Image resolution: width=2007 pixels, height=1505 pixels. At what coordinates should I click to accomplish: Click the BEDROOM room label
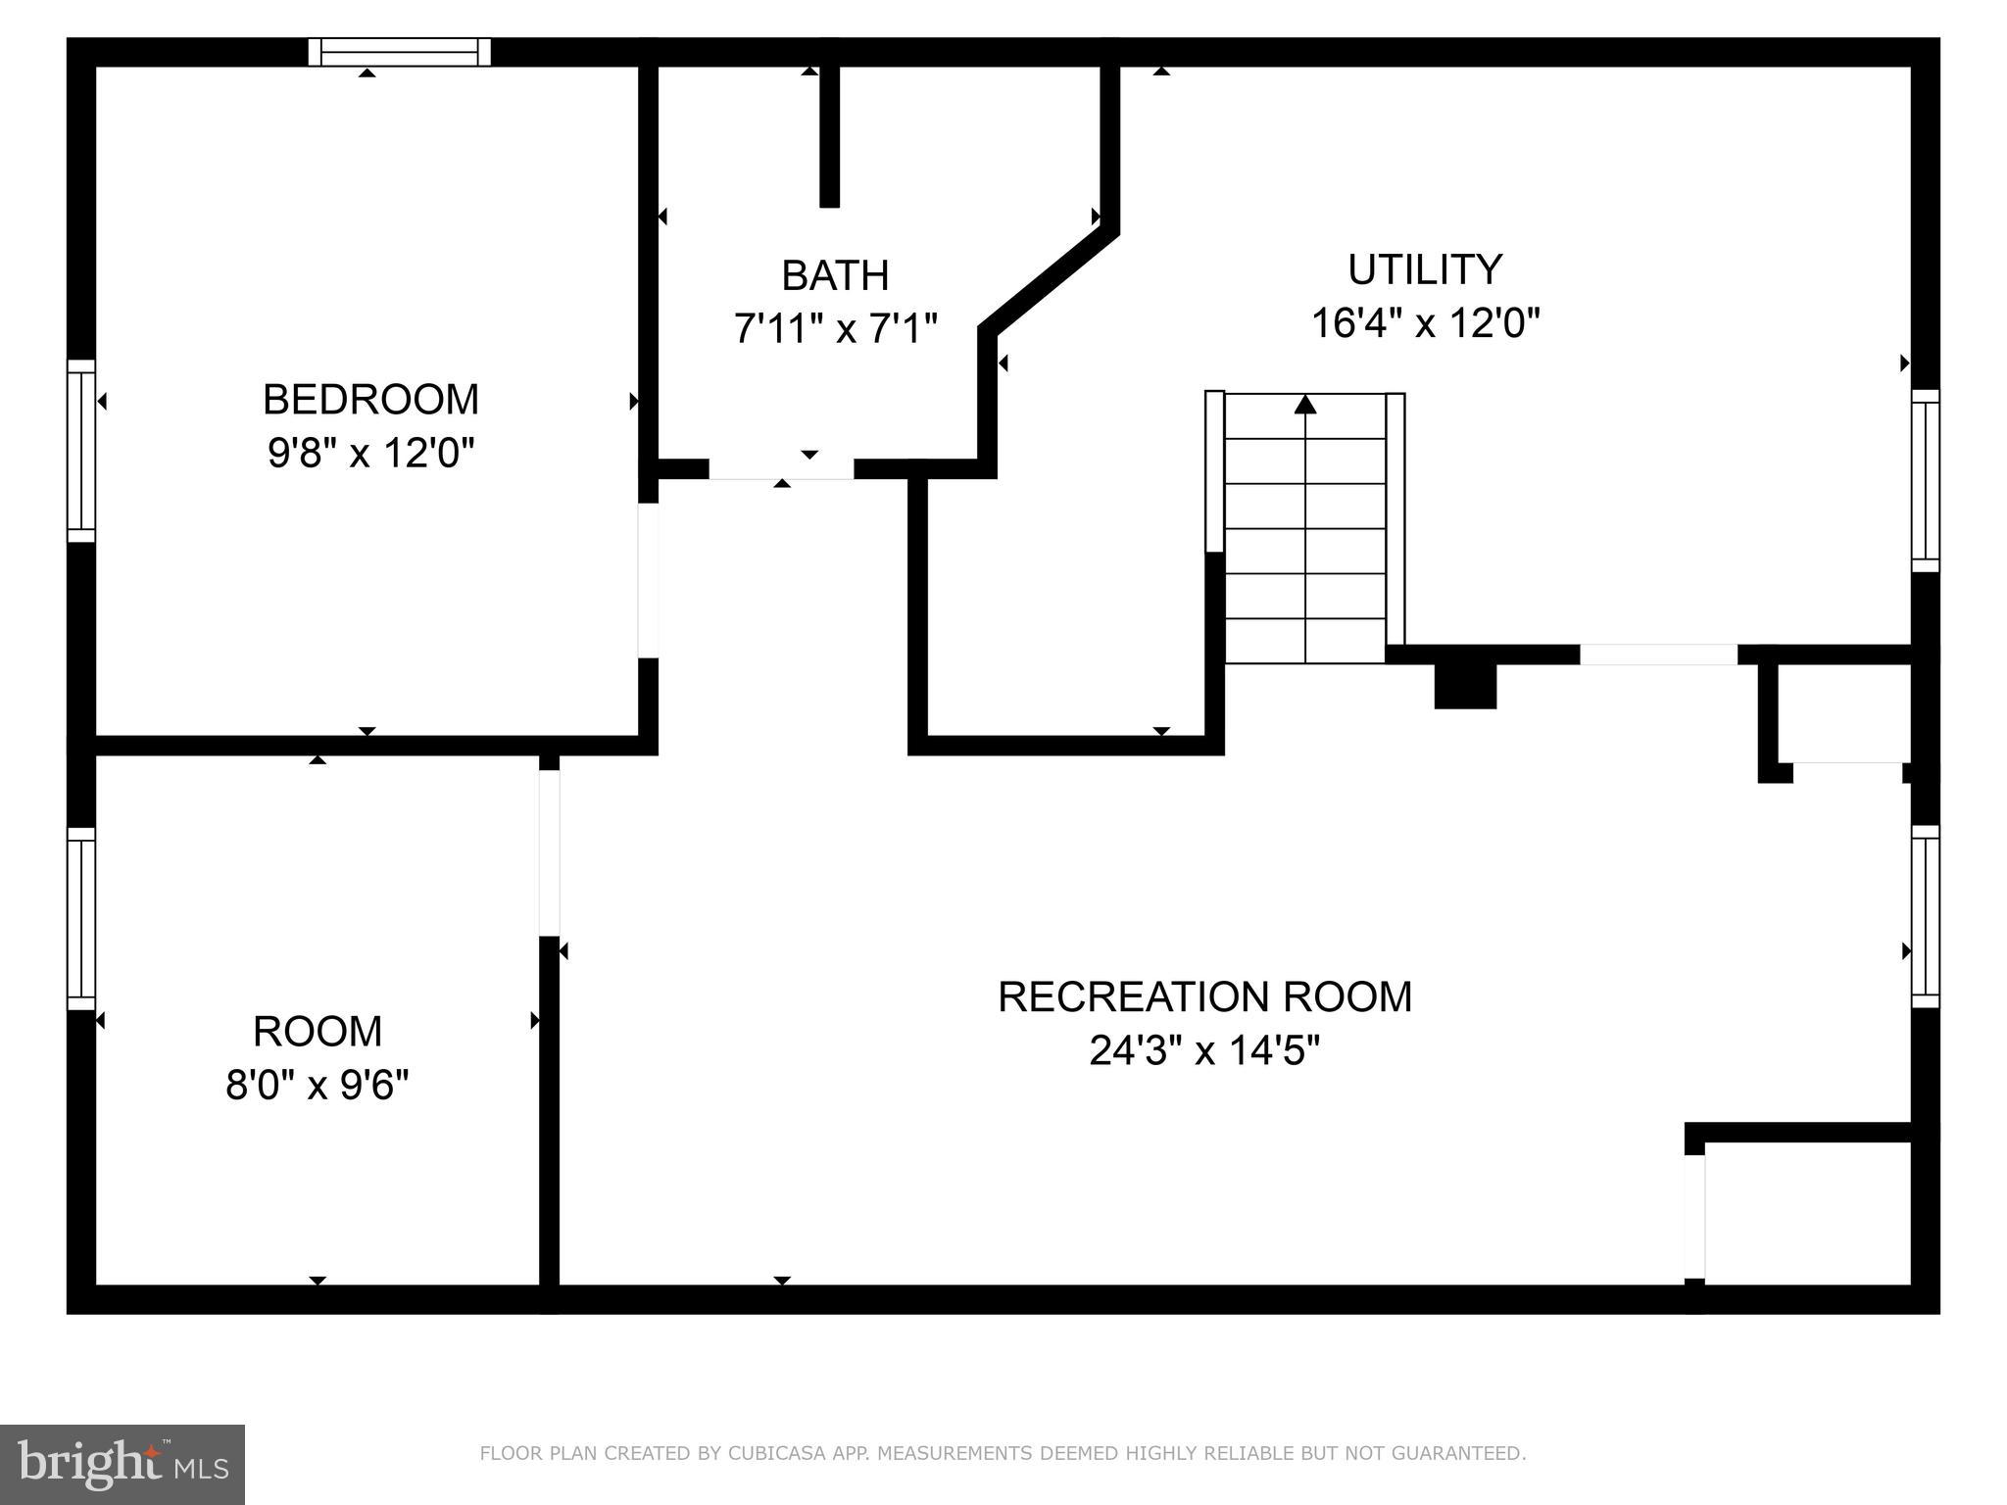370,400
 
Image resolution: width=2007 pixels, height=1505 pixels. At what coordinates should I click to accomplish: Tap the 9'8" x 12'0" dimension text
370,454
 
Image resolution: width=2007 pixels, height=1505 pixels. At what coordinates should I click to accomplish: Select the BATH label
835,276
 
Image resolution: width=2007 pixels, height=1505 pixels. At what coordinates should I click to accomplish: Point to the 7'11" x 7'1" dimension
835,329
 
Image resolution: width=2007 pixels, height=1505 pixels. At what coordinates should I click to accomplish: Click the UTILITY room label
1424,269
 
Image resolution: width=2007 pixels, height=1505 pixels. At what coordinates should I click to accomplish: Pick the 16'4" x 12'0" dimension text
1425,323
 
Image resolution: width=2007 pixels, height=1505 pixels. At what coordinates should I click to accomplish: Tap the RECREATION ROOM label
1204,997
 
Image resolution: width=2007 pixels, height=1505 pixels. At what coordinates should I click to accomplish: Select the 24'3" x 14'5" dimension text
1204,1051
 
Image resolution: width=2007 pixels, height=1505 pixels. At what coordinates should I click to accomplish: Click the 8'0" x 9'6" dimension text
317,1086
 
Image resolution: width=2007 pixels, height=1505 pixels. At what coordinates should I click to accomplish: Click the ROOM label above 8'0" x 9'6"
317,1032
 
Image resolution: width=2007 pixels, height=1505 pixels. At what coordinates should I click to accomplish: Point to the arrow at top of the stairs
1304,404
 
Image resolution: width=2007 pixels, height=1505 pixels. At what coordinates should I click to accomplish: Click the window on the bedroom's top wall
399,52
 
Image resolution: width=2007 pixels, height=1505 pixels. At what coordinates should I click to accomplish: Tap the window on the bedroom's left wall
81,451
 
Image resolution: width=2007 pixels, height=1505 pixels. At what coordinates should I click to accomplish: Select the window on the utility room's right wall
1925,481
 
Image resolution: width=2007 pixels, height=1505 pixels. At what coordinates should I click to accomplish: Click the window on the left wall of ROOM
81,918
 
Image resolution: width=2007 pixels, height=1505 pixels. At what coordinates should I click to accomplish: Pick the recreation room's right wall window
1925,916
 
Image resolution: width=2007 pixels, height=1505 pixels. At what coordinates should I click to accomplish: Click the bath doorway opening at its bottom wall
781,469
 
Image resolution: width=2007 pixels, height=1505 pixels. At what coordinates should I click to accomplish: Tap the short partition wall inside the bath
829,135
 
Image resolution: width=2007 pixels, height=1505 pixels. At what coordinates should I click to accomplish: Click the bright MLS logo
122,1464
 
